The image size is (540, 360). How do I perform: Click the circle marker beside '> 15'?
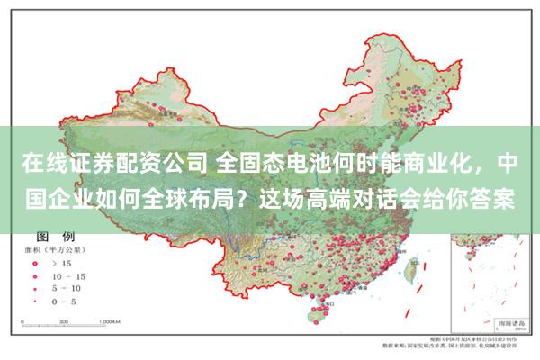pos(36,263)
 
